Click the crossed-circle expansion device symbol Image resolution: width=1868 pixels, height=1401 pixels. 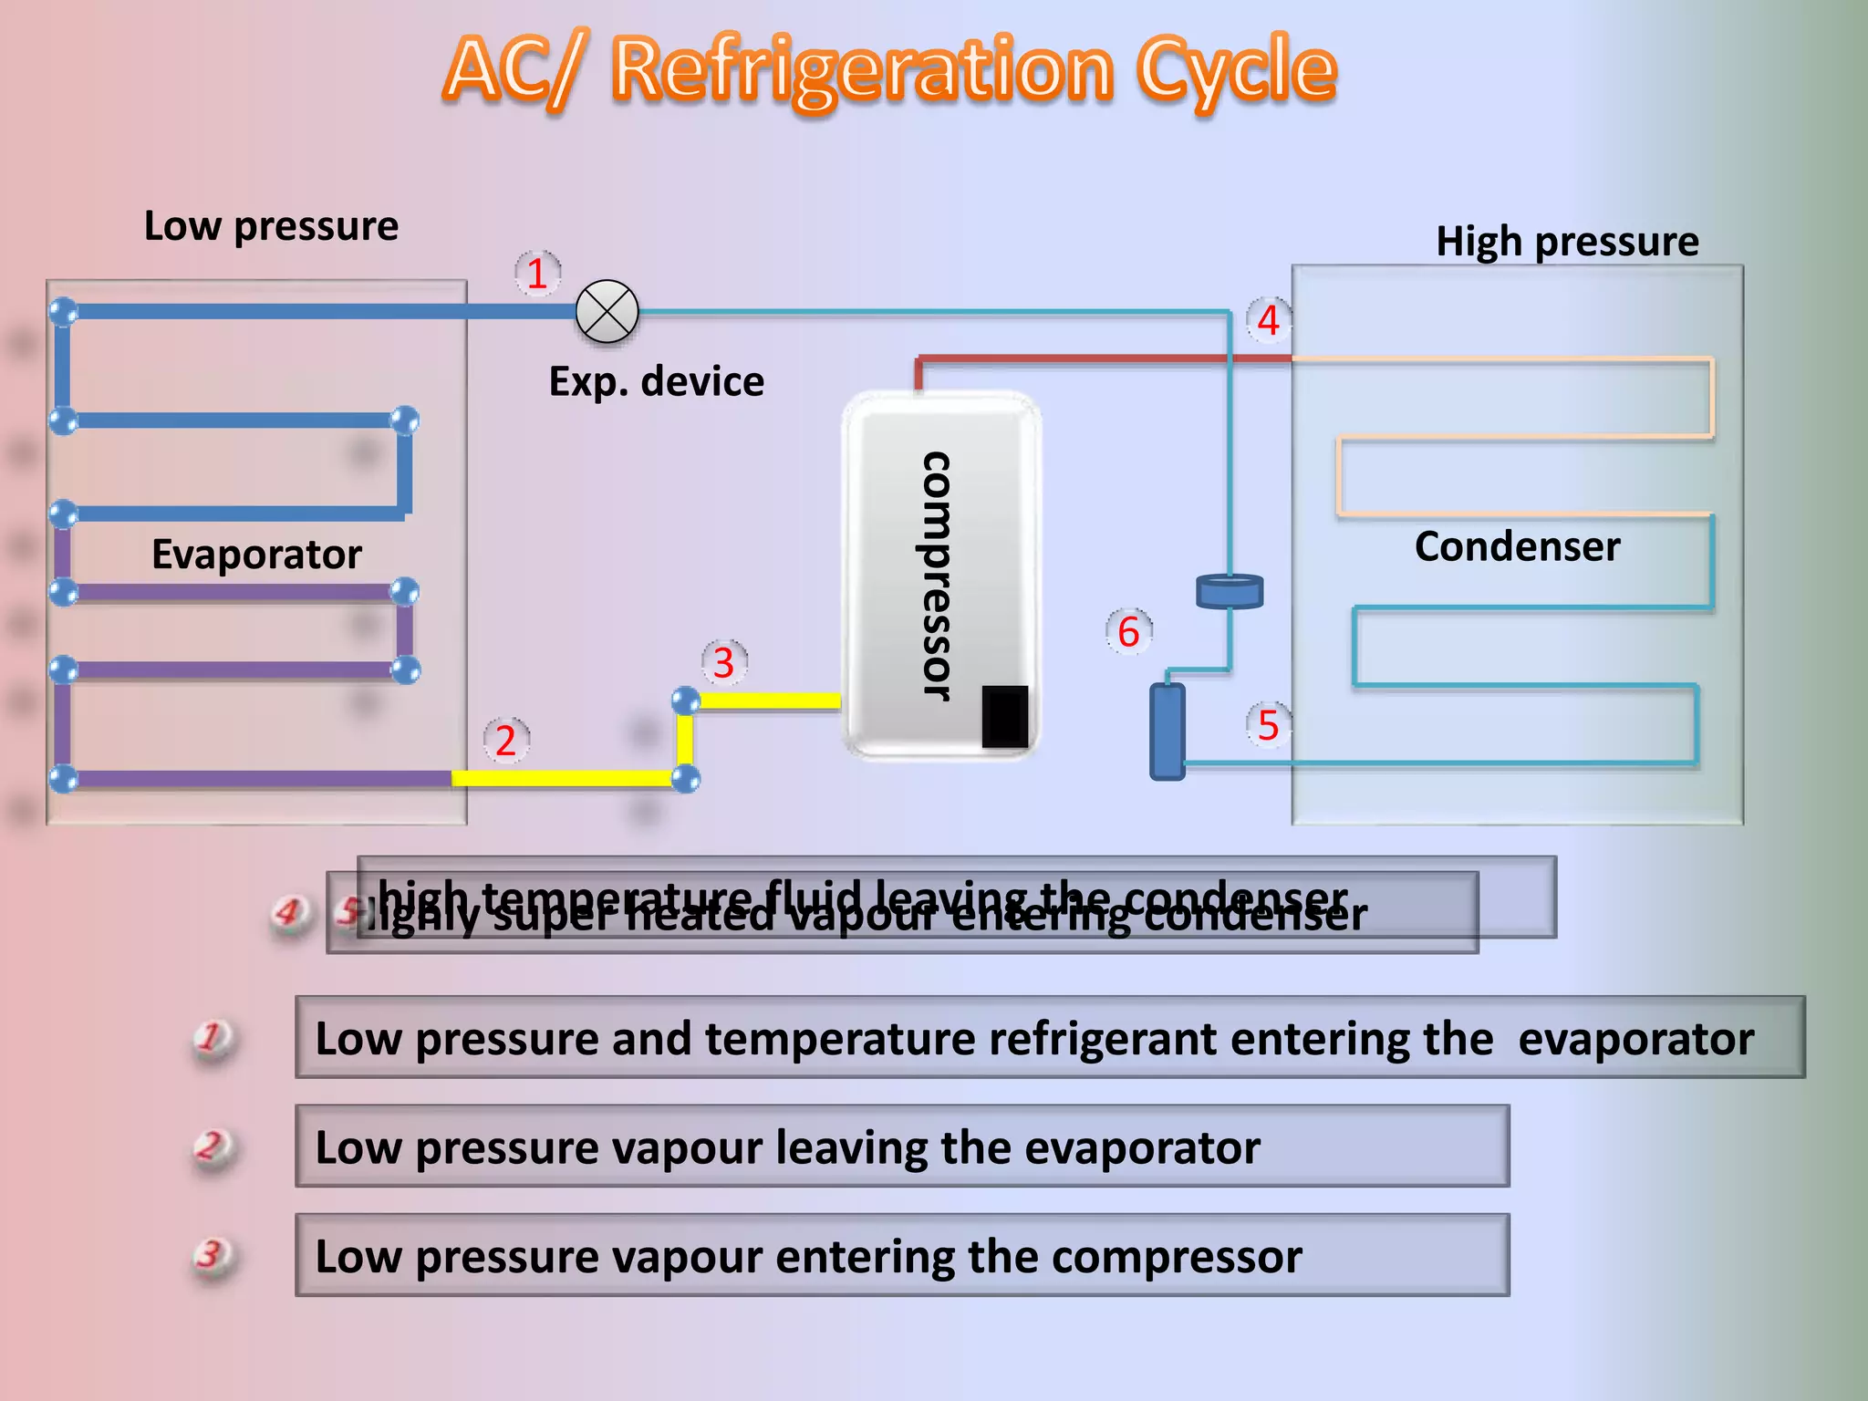(x=607, y=312)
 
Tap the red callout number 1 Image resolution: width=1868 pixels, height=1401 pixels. (x=537, y=274)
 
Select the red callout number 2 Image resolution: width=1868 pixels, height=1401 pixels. (x=506, y=741)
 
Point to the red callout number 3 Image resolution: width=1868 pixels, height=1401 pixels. (x=724, y=663)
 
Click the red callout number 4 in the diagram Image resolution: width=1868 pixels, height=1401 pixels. (x=1269, y=320)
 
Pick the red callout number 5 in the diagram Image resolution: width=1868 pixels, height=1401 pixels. (x=1269, y=725)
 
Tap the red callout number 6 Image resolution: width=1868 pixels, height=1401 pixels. (x=1128, y=632)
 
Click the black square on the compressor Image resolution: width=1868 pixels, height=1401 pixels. (x=1004, y=717)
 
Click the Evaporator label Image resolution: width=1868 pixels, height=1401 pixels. (x=256, y=555)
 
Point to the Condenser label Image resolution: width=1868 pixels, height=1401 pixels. (x=1517, y=547)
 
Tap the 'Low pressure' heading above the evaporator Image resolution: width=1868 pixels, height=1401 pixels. (x=271, y=226)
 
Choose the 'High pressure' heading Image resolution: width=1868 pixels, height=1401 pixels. (x=1567, y=242)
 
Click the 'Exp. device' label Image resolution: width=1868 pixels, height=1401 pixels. (x=656, y=381)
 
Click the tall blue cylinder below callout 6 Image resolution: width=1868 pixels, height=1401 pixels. (x=1167, y=732)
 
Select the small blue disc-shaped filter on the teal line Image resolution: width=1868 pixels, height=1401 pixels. (x=1230, y=591)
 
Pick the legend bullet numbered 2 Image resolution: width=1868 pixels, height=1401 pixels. (x=213, y=1146)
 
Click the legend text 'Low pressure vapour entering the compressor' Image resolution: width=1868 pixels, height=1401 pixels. (x=808, y=1257)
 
